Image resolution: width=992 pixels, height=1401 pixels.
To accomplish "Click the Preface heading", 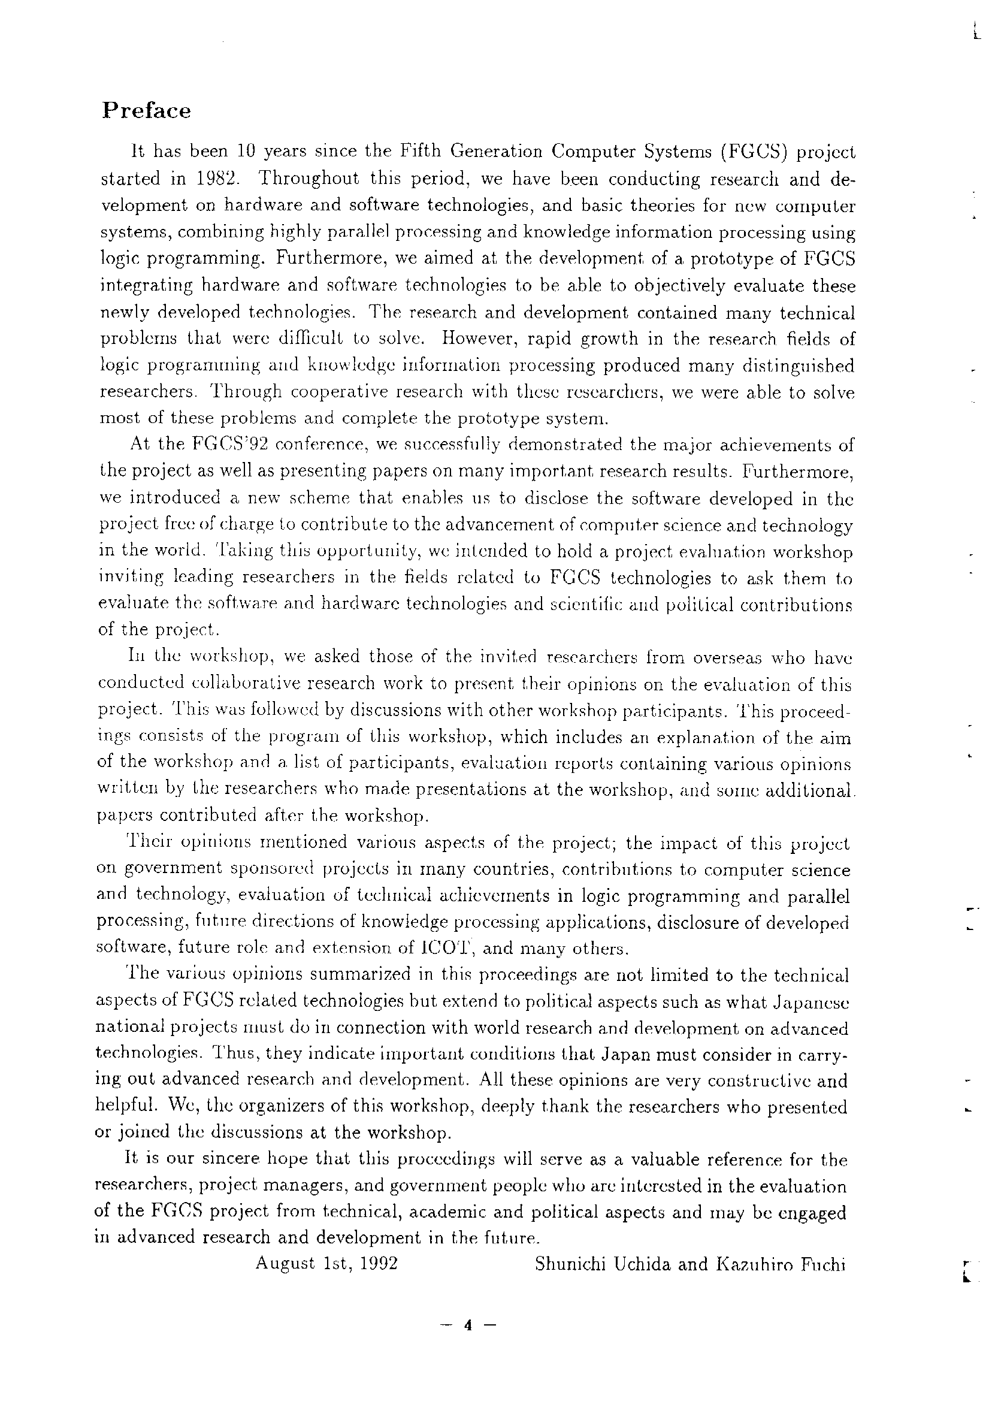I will click(x=146, y=111).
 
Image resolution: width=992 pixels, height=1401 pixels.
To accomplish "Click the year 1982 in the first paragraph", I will click(x=214, y=179).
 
